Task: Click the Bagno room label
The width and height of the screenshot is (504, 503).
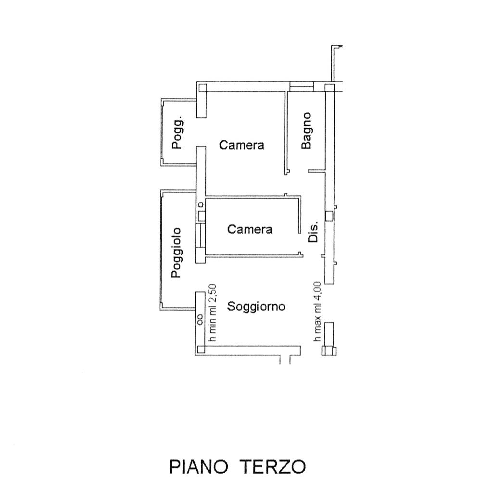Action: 306,130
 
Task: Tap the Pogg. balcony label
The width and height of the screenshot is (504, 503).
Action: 177,132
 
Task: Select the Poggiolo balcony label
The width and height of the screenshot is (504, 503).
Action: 176,252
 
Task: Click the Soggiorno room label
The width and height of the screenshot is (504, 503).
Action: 256,306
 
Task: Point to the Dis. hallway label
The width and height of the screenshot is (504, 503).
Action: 313,231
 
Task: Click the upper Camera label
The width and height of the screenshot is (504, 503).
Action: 241,145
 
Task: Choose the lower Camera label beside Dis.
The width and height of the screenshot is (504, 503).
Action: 250,229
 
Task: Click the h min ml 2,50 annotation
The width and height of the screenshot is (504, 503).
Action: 213,313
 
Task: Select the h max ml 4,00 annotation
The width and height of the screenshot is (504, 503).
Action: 317,311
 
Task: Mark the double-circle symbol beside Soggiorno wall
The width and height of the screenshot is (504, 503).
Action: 200,319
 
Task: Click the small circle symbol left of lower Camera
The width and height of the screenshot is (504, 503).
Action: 200,205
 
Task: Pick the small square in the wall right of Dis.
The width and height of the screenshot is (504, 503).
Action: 329,216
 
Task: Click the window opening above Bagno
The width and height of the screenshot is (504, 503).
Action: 302,87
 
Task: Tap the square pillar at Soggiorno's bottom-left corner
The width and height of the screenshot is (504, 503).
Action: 201,350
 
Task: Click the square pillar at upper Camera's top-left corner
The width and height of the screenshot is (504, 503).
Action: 202,88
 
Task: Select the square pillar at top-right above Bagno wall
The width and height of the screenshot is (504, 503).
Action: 329,88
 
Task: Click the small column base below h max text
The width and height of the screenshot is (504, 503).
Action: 329,351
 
